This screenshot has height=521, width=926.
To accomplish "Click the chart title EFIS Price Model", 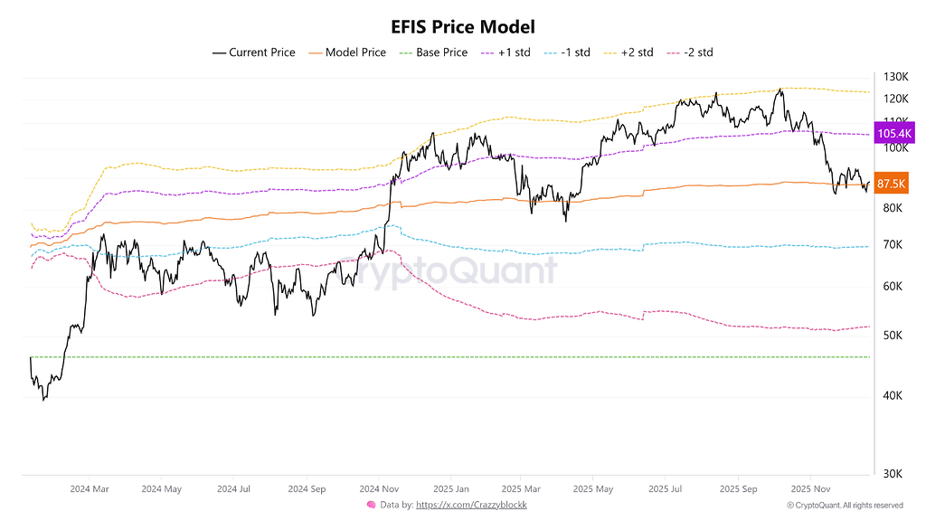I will coord(463,27).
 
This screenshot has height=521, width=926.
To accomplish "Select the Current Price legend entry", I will coord(254,52).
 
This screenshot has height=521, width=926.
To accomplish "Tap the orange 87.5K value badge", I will coord(892,184).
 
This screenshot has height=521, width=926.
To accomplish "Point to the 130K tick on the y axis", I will coord(895,77).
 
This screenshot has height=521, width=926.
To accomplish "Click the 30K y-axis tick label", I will coord(893,474).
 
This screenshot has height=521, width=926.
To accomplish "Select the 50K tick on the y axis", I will coord(893,336).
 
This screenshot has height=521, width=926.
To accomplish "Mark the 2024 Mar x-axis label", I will coord(90,488).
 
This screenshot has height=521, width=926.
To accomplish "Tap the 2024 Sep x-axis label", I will coord(307,488).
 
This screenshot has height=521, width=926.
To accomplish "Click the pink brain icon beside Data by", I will coord(371,505).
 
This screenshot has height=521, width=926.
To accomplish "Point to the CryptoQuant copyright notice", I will coord(845,505).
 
